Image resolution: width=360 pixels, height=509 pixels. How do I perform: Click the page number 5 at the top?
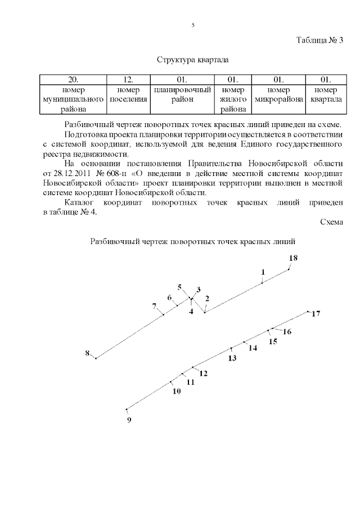(x=193, y=25)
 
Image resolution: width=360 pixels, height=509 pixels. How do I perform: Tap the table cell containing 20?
(x=73, y=79)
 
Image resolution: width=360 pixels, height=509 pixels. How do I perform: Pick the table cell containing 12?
(x=128, y=79)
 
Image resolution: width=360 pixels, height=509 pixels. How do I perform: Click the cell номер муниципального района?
(x=73, y=100)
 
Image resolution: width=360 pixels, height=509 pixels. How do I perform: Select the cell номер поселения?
(x=128, y=94)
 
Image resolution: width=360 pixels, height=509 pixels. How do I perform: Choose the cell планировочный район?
(x=182, y=94)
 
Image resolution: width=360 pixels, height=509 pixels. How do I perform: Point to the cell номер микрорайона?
(x=279, y=94)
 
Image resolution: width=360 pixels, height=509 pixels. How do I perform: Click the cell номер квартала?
(x=326, y=94)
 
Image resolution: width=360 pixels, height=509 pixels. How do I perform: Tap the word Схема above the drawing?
(x=331, y=222)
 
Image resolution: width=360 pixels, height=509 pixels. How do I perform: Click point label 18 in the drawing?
(x=293, y=258)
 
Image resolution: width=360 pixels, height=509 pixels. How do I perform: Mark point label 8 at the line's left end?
(x=87, y=353)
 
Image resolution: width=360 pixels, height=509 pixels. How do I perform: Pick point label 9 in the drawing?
(x=129, y=419)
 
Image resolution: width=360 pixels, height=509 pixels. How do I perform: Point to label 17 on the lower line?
(x=316, y=314)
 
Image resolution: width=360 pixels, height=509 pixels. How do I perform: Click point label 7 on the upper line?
(x=154, y=306)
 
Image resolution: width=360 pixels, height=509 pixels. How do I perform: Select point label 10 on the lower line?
(x=177, y=391)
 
